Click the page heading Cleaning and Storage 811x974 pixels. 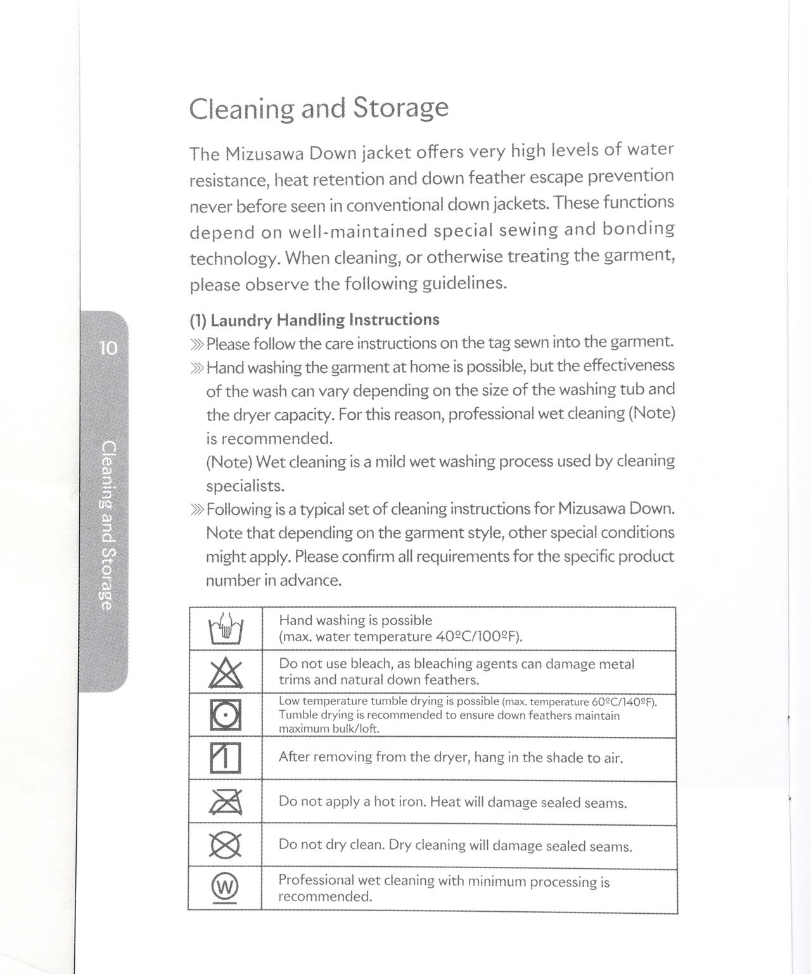[x=319, y=108]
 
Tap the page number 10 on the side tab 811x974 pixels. [x=108, y=348]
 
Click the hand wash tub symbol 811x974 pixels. [x=226, y=628]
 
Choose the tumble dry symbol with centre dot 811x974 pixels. [x=226, y=715]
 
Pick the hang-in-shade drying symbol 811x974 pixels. [x=226, y=758]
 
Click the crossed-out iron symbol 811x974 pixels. [x=226, y=802]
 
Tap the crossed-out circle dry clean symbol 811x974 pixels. [x=226, y=845]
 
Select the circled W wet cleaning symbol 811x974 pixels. [x=226, y=885]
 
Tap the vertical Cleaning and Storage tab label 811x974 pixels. [x=108, y=525]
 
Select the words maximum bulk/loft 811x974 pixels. [x=329, y=729]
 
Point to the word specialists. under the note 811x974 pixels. [x=246, y=486]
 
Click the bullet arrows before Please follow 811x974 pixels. [x=196, y=344]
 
